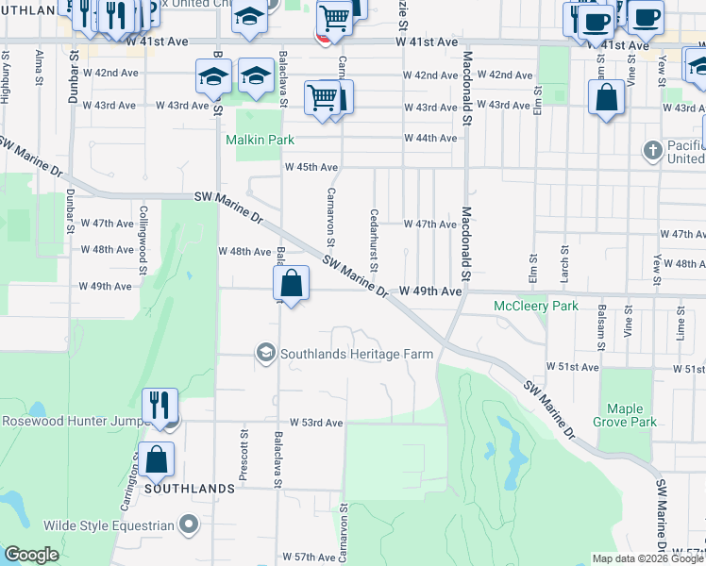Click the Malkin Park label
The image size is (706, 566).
[x=260, y=140]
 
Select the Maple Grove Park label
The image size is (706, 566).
[x=626, y=415]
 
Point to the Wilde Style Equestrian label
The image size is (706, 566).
[x=109, y=524]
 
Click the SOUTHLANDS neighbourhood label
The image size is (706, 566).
[x=189, y=489]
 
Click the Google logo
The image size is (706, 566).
[x=31, y=555]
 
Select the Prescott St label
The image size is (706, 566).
[x=244, y=453]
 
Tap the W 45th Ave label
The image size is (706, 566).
[x=311, y=167]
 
